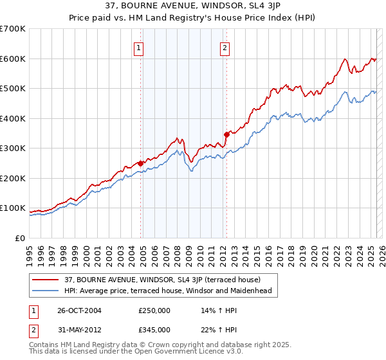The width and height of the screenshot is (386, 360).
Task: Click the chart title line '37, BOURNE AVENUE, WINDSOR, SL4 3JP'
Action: (x=193, y=6)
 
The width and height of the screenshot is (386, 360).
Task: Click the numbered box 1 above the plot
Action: (x=139, y=47)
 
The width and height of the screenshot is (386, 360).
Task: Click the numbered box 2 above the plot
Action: (x=225, y=47)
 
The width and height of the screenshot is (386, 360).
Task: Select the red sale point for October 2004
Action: (x=140, y=163)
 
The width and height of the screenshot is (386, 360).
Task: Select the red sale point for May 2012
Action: (x=226, y=134)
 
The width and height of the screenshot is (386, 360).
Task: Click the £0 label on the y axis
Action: (x=19, y=238)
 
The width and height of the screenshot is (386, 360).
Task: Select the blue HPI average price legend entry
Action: (x=168, y=291)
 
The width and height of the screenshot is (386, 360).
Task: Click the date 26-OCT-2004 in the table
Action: (x=79, y=310)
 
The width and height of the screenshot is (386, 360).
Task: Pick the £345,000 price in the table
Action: (x=154, y=329)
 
